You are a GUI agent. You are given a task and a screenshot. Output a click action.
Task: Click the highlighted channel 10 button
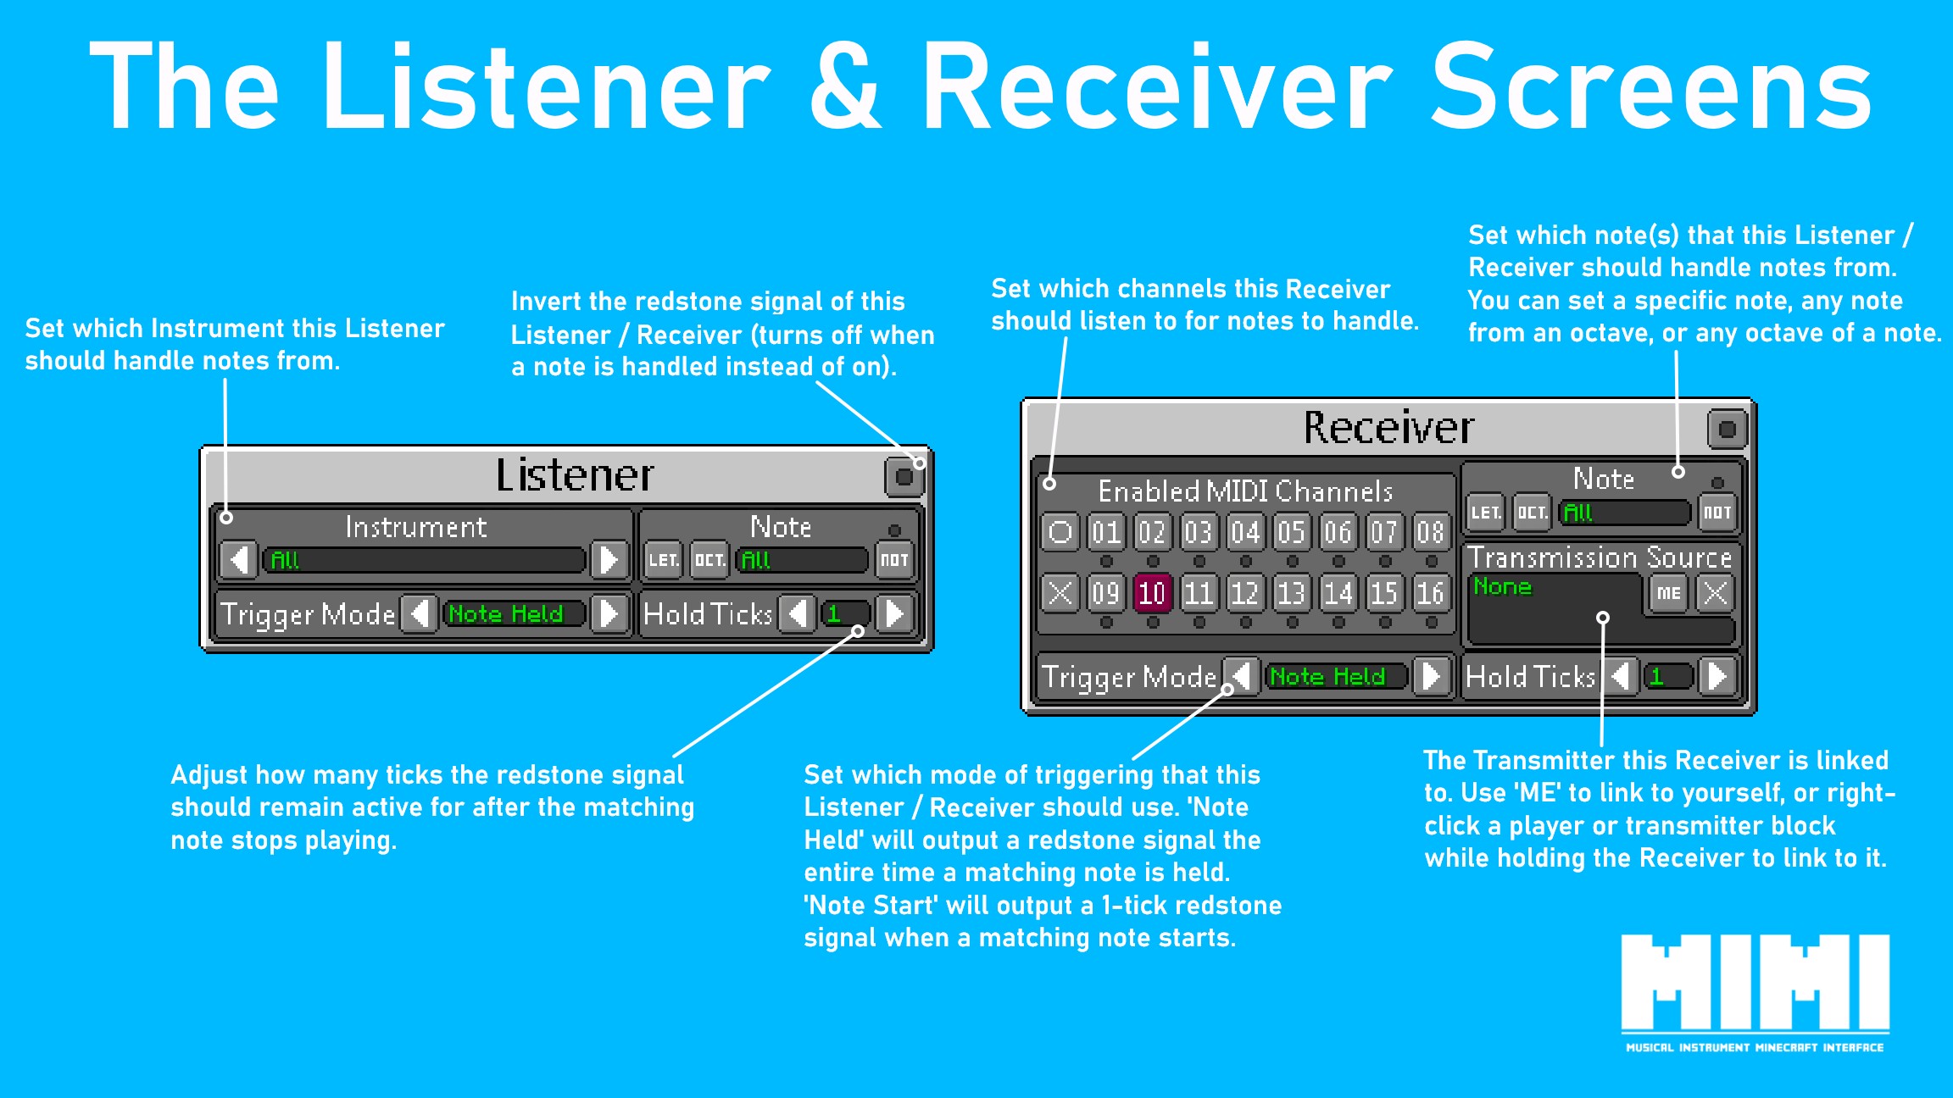coord(1152,593)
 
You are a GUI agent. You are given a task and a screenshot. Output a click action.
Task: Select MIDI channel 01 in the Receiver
coord(1106,532)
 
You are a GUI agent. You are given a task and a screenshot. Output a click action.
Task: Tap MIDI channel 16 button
coord(1430,593)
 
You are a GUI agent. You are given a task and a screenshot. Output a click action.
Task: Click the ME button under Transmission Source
coord(1668,593)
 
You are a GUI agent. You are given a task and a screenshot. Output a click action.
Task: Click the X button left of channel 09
coord(1060,593)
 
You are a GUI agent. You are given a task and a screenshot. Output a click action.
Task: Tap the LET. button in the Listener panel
coord(663,560)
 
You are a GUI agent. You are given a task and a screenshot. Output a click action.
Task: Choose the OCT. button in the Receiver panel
coord(1532,513)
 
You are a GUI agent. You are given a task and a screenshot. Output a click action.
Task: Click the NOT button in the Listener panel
coord(894,560)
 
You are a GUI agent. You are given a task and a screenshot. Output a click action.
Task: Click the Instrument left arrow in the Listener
coord(240,560)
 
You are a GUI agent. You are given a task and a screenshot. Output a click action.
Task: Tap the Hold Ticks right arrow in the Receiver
coord(1717,676)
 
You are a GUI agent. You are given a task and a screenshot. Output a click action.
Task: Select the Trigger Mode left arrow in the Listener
coord(420,613)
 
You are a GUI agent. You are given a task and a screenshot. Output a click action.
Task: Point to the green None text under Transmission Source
coord(1502,586)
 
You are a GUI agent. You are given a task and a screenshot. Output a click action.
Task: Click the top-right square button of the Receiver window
coord(1727,430)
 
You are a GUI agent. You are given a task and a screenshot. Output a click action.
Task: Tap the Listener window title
coord(575,475)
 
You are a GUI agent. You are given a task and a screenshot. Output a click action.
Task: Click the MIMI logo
coord(1755,991)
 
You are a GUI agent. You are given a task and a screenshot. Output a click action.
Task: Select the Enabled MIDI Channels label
coord(1245,491)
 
